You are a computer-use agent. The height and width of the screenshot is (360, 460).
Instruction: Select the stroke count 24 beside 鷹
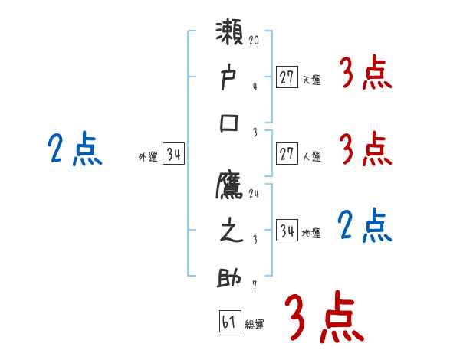(x=254, y=194)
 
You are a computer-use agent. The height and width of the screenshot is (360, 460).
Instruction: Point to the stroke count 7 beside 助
(x=254, y=286)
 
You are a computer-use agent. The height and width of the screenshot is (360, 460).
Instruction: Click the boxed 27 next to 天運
(x=287, y=77)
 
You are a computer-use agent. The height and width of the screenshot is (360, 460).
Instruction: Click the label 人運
(x=311, y=157)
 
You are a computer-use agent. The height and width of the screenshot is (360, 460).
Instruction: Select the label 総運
(x=255, y=325)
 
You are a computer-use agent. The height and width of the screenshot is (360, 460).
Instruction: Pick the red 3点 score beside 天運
(x=366, y=75)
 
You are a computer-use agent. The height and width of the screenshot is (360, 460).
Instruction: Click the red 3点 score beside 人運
(x=366, y=148)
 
